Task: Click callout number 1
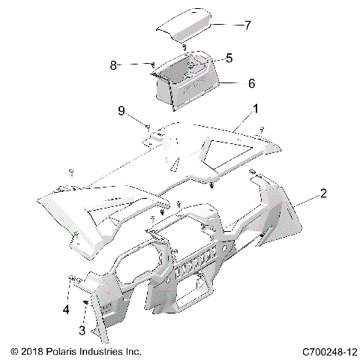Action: (256, 109)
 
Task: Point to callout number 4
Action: (65, 309)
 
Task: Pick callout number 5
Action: (229, 57)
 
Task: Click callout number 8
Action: (114, 65)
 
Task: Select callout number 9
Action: (121, 113)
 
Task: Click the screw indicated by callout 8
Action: (152, 64)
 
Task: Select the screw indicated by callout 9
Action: (148, 125)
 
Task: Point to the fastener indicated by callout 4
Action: (71, 279)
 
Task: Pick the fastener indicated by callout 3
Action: (86, 302)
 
